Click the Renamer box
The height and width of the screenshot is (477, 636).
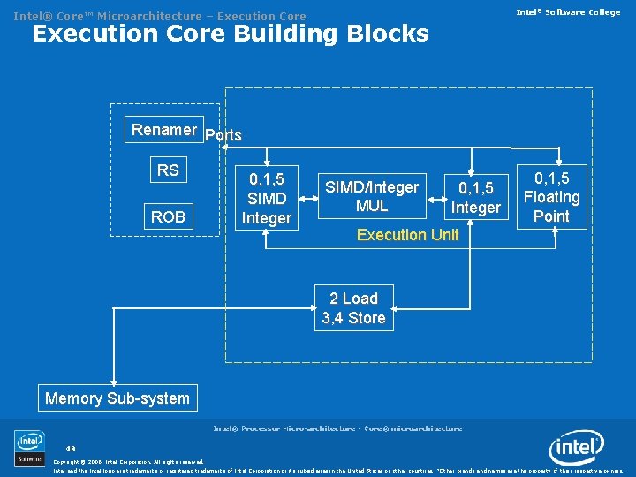pos(164,130)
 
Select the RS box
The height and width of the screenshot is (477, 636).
pos(168,170)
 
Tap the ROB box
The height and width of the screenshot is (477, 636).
pos(168,216)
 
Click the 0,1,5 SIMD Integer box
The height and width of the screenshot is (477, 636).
pos(266,197)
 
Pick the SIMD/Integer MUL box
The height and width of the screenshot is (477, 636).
pos(372,196)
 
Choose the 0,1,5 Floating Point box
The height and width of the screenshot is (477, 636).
pos(551,197)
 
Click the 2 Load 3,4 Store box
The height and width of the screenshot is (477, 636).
pos(353,308)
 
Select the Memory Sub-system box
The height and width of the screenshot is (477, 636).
pos(117,398)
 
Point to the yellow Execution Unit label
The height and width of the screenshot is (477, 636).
pos(407,235)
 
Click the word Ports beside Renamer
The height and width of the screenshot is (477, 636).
pos(223,136)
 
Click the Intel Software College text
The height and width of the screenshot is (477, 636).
pos(568,12)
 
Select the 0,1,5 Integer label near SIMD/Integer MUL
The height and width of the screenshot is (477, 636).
pos(475,198)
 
